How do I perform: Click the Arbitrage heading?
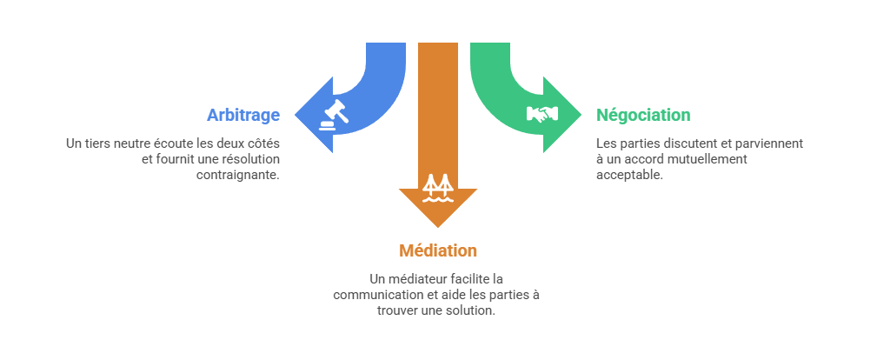click(243, 115)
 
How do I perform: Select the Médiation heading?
click(438, 250)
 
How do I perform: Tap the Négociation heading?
click(643, 115)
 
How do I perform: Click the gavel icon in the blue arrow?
click(334, 114)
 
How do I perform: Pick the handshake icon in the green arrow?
click(541, 114)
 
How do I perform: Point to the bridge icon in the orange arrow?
click(437, 187)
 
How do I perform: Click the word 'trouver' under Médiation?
click(398, 310)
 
